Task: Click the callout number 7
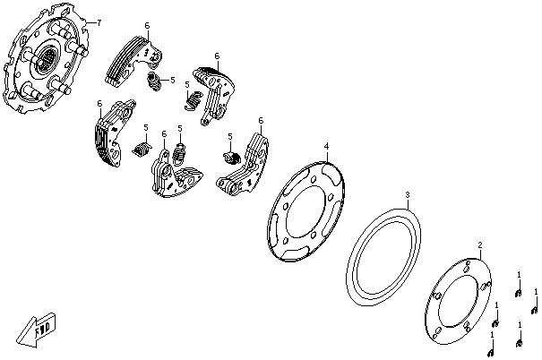pos(99,21)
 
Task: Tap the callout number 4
pos(327,145)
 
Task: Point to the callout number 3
pos(408,194)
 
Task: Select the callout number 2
pos(480,244)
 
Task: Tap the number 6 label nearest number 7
pos(148,27)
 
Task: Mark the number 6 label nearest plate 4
pos(261,120)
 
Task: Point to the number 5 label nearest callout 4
pos(230,136)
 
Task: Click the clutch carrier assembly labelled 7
pos(49,67)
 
